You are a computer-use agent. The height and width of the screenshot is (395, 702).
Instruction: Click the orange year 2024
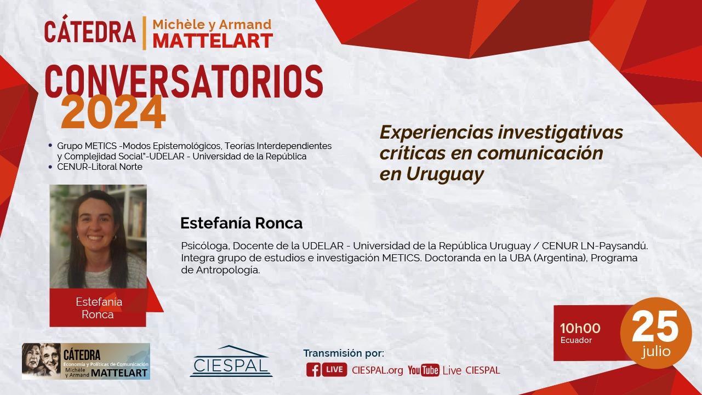(x=113, y=112)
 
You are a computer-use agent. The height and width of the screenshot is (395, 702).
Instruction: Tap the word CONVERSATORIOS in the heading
(x=184, y=82)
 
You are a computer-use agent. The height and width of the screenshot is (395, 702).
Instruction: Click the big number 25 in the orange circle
(x=655, y=327)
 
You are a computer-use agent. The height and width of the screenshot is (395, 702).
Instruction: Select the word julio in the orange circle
(x=656, y=352)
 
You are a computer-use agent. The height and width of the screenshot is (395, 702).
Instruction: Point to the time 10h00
(x=580, y=328)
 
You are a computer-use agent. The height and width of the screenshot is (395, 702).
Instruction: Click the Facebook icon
(x=313, y=370)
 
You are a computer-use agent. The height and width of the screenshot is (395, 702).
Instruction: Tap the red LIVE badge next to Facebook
(x=334, y=370)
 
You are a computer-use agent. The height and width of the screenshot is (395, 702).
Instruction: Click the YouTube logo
(x=424, y=370)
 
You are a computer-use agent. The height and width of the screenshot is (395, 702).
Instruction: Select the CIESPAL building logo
(x=231, y=361)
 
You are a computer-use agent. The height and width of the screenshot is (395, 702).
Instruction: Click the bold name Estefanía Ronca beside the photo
(x=241, y=224)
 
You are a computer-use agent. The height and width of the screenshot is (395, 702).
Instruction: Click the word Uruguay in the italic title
(x=445, y=174)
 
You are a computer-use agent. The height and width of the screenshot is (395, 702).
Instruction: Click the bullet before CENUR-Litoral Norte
(x=50, y=167)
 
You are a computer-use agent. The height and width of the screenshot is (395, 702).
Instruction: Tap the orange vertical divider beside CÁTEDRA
(x=144, y=33)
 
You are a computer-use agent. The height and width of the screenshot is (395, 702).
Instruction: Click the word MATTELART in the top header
(x=213, y=41)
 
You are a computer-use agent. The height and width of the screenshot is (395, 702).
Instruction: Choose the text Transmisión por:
(x=344, y=353)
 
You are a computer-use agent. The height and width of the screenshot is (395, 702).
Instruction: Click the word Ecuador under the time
(x=576, y=340)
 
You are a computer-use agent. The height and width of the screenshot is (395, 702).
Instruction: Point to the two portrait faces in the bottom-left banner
(x=42, y=360)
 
